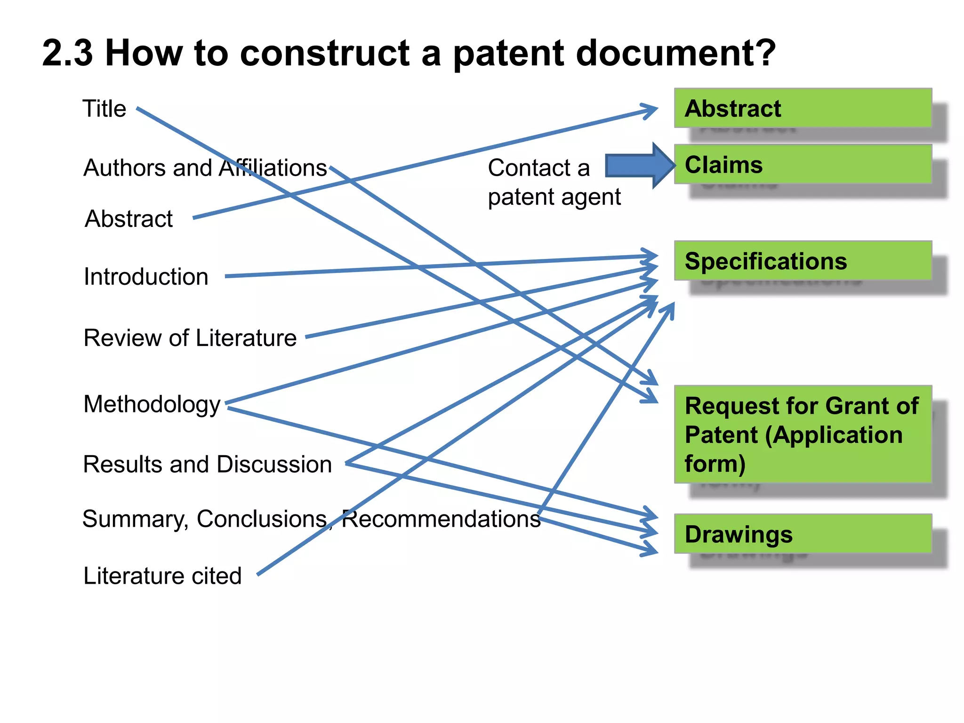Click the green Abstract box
[803, 108]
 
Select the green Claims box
[803, 164]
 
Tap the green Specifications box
[803, 261]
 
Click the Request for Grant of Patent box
[803, 434]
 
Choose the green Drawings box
[803, 534]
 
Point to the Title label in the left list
[104, 109]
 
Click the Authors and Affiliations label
[205, 168]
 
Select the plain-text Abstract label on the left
[129, 219]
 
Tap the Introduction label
[146, 276]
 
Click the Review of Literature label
[190, 337]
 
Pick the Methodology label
[152, 404]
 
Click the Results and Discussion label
[208, 464]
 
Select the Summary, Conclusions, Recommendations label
[311, 519]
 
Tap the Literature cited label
[162, 575]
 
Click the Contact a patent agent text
[554, 182]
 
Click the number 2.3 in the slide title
[67, 53]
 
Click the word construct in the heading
[325, 53]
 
